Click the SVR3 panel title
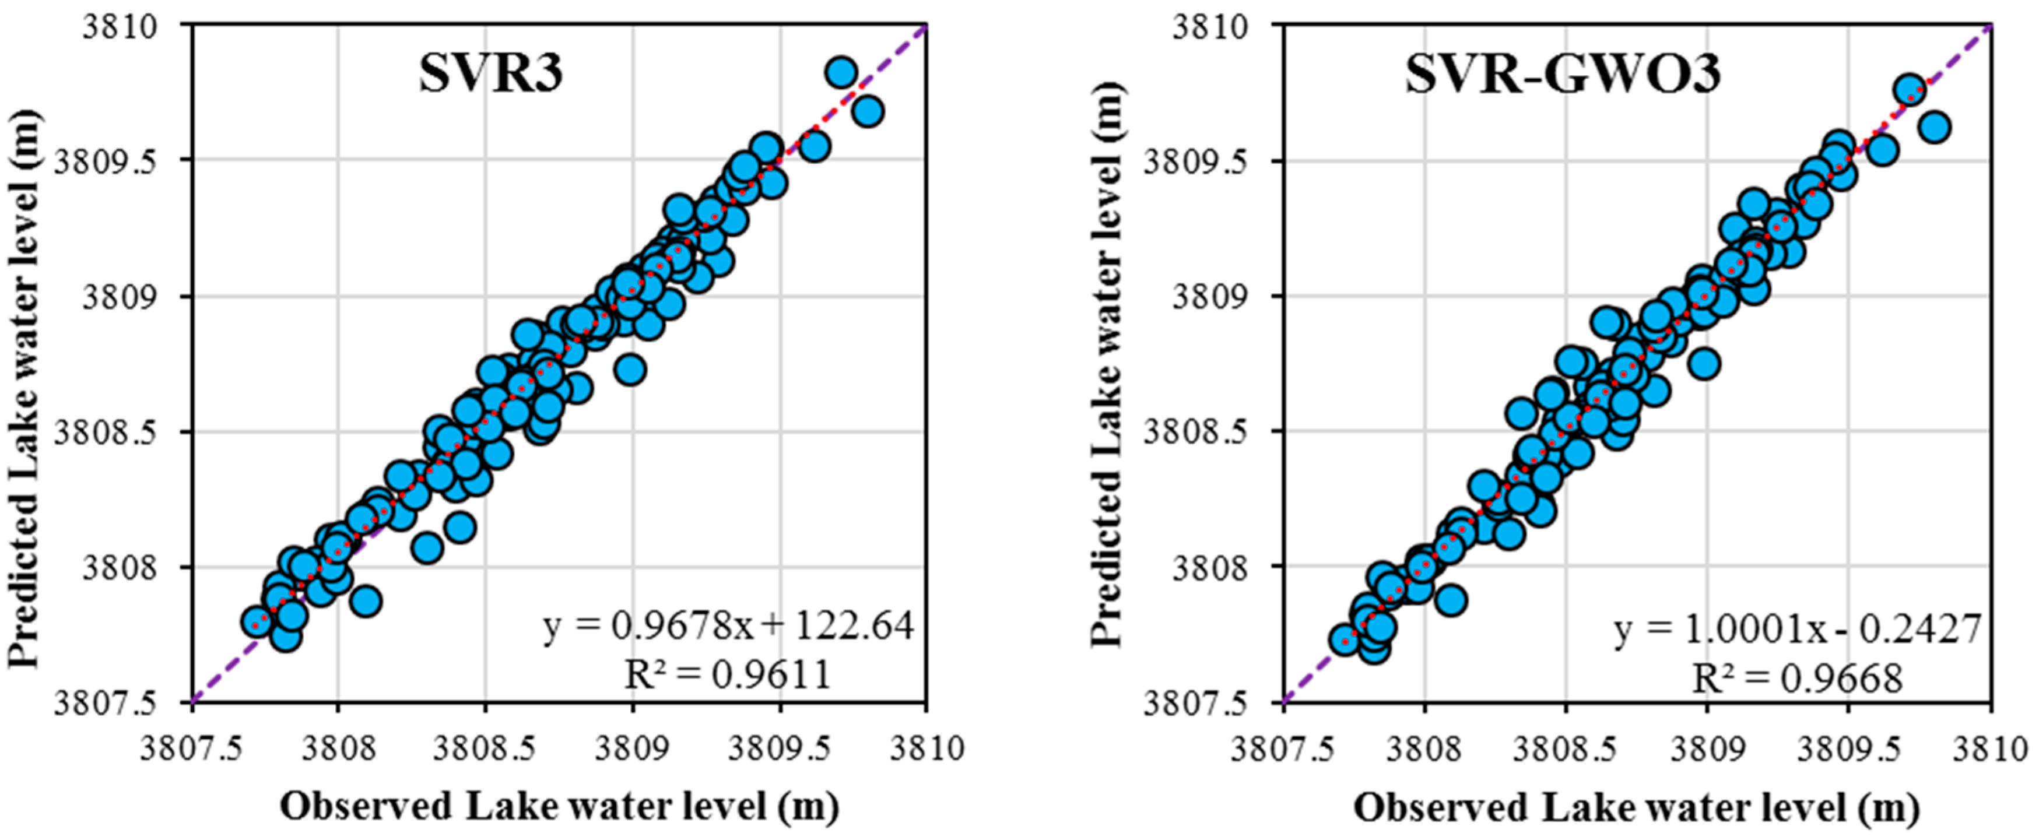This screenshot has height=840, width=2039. pyautogui.click(x=491, y=76)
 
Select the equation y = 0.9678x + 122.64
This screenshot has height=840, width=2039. pyautogui.click(x=728, y=626)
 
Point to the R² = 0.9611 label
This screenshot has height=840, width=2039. pyautogui.click(x=728, y=674)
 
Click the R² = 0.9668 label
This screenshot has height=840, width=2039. pyautogui.click(x=1797, y=679)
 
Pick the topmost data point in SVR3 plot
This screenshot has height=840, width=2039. pyautogui.click(x=841, y=73)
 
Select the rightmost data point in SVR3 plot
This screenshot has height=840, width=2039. pyautogui.click(x=868, y=111)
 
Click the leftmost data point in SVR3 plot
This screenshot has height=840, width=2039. pyautogui.click(x=257, y=623)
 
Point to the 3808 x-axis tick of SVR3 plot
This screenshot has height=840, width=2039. pyautogui.click(x=337, y=748)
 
